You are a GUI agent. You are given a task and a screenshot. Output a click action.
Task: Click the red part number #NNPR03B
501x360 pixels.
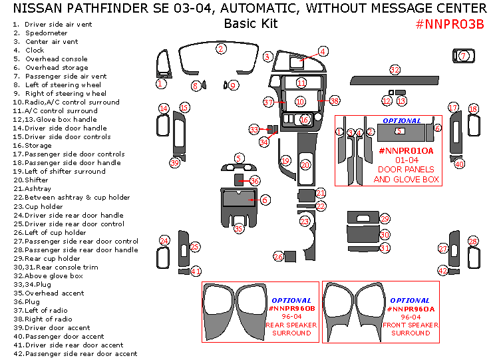(x=449, y=24)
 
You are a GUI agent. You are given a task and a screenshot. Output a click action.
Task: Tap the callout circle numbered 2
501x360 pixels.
(x=221, y=49)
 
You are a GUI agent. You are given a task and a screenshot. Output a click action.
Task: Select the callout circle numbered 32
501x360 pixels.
(x=395, y=70)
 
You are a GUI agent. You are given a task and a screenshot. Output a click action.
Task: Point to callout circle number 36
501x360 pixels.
(x=255, y=181)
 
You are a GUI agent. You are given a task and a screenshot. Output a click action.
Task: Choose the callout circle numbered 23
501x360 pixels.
(x=305, y=221)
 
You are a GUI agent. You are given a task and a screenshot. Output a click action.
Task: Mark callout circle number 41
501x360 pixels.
(x=196, y=271)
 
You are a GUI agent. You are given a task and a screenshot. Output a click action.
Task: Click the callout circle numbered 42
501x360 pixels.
(x=443, y=271)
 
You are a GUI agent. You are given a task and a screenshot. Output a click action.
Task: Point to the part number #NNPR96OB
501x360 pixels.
(x=291, y=309)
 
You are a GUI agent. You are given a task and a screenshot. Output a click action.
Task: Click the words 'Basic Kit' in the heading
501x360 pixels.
(x=250, y=24)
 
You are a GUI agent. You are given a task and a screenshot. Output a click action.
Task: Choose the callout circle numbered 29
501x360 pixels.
(x=385, y=219)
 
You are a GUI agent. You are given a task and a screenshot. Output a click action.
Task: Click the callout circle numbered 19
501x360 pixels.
(x=285, y=161)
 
